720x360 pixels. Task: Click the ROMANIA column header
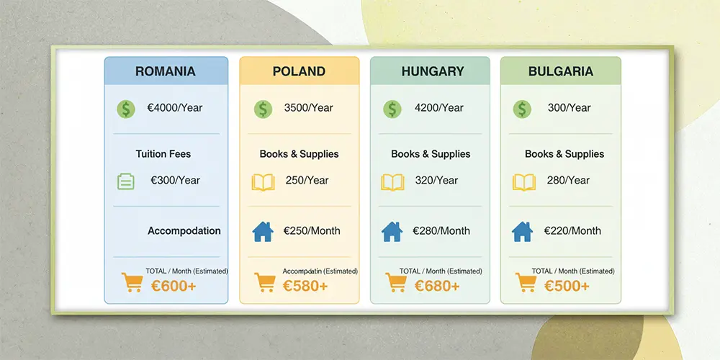[166, 71]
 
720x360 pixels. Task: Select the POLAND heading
[299, 71]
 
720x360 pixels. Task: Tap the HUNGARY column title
[433, 71]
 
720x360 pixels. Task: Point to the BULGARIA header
[561, 71]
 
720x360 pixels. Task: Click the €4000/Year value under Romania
[174, 108]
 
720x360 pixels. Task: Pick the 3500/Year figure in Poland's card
[309, 108]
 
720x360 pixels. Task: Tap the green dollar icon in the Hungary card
[392, 109]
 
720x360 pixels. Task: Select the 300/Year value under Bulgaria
[569, 108]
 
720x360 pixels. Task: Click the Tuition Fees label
[163, 154]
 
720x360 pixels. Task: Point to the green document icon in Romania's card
[126, 181]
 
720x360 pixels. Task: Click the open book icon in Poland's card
[263, 182]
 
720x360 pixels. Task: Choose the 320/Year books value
[436, 181]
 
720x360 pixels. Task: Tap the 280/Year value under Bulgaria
[568, 181]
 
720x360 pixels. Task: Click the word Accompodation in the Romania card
[184, 231]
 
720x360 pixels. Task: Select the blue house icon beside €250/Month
[263, 232]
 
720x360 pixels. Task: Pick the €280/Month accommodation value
[441, 230]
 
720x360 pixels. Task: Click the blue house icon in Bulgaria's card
[522, 232]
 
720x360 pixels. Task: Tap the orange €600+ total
[174, 286]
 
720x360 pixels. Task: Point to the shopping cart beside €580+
[265, 282]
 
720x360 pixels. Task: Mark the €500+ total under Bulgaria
[567, 286]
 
